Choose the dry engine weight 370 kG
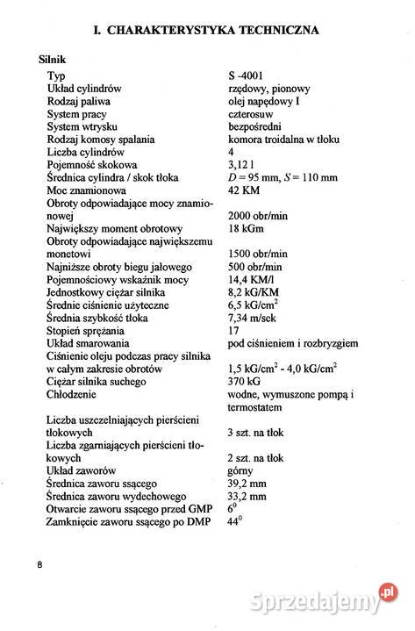click(243, 382)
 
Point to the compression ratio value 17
click(233, 330)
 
